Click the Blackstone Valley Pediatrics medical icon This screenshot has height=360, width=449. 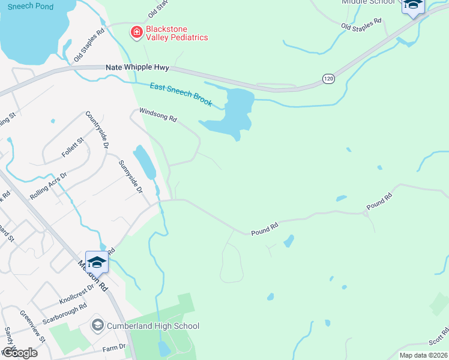pos(137,32)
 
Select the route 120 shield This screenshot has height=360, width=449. pos(328,79)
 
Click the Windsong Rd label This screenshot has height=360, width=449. pos(158,115)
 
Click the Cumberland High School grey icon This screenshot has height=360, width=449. pos(97,326)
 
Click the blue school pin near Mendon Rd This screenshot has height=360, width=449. pos(96,262)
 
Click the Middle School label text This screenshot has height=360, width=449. pos(369,2)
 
